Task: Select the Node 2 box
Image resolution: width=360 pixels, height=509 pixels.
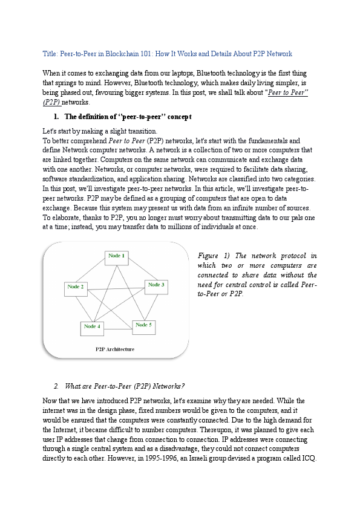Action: point(76,288)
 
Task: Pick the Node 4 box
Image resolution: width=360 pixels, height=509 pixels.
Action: point(93,328)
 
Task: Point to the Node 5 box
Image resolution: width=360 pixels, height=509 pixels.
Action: point(144,326)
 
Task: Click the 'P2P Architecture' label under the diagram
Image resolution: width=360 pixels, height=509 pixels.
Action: point(115,349)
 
